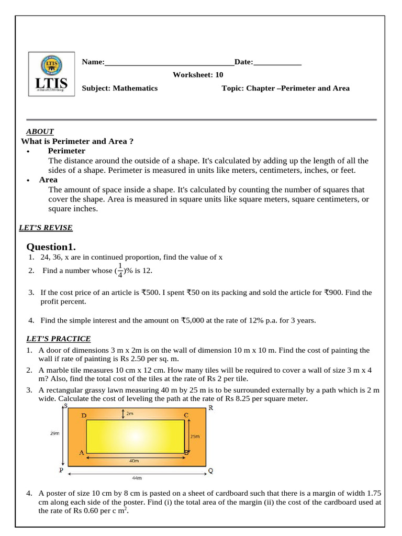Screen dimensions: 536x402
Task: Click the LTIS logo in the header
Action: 51,74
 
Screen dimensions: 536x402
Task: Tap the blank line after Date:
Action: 277,63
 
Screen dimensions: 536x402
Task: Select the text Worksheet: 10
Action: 198,75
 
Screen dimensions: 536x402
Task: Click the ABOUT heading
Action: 40,131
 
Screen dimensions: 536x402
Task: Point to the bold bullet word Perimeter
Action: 66,151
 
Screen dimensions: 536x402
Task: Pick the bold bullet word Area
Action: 48,180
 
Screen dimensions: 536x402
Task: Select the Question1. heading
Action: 51,247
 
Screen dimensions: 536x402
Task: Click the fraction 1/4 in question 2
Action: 120,270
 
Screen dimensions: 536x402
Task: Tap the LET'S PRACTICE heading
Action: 58,339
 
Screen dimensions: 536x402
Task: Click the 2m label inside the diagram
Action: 130,414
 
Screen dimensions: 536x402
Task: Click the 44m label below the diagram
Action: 137,478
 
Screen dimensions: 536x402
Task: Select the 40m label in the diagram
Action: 134,461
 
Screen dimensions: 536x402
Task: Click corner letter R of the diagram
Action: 210,408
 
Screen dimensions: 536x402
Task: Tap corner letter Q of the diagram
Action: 210,470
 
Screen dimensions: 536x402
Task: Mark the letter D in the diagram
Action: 84,416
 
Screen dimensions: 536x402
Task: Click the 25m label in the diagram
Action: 194,435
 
